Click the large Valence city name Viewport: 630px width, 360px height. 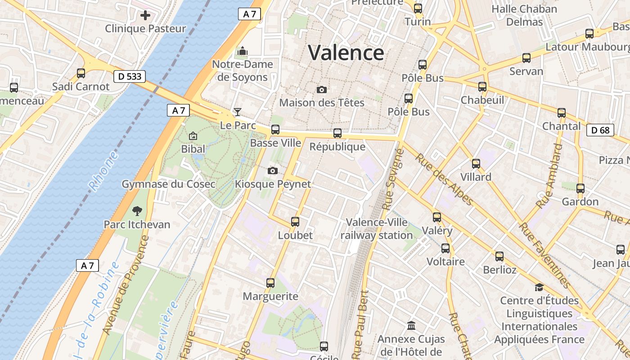346,53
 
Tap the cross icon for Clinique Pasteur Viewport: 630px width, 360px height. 145,16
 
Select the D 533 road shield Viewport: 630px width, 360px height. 130,76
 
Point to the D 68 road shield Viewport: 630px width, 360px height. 600,130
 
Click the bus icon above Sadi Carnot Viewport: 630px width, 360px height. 81,73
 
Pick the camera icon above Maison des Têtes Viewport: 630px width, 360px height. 321,90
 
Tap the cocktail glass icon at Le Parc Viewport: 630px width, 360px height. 238,112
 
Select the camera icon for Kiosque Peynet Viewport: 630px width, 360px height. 272,171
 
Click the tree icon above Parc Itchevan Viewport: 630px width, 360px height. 137,211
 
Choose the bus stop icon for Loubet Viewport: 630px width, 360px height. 295,222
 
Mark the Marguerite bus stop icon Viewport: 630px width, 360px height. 270,283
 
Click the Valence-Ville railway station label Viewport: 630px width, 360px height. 377,229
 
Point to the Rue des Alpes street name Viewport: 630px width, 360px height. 444,179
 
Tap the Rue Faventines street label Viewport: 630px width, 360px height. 545,255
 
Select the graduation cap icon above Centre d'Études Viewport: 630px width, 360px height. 539,287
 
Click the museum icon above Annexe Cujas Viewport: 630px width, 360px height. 411,325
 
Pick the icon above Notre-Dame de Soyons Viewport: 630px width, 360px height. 243,51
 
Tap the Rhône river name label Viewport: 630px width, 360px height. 103,171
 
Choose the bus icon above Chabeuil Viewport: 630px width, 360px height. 482,87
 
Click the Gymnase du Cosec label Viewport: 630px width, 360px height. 168,184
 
